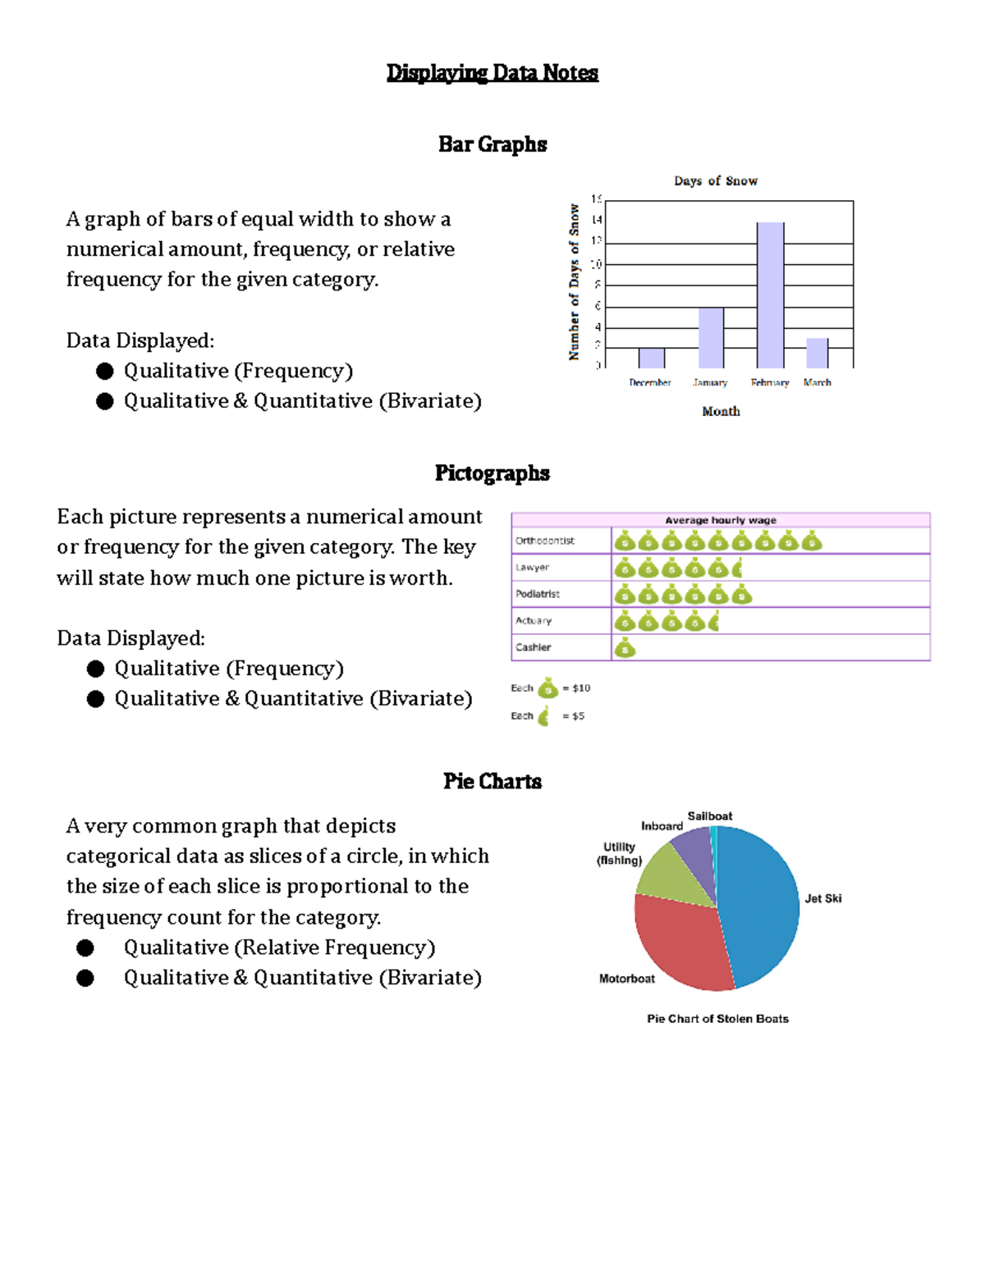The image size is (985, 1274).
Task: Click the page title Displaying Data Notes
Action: click(x=492, y=73)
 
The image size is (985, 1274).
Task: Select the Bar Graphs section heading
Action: click(x=492, y=144)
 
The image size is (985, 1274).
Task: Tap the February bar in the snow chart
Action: click(x=770, y=295)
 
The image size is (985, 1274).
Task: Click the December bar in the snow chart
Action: click(x=652, y=358)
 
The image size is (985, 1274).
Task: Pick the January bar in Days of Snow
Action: click(x=711, y=338)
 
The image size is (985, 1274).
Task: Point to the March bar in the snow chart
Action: click(x=817, y=353)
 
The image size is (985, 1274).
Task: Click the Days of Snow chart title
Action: click(x=716, y=180)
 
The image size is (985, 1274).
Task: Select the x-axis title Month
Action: click(x=721, y=411)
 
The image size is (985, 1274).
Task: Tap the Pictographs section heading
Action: click(x=492, y=473)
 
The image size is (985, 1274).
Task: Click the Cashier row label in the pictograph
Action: click(x=534, y=647)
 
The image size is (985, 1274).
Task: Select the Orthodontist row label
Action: click(x=545, y=541)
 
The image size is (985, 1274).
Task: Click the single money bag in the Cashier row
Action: click(x=625, y=648)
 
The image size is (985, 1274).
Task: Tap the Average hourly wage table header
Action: click(x=721, y=520)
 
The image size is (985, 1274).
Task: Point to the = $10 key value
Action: click(x=576, y=688)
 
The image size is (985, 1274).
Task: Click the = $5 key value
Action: click(x=573, y=716)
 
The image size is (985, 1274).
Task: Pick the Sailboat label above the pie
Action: click(x=710, y=816)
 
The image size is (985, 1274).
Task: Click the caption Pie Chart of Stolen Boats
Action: click(x=717, y=1019)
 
